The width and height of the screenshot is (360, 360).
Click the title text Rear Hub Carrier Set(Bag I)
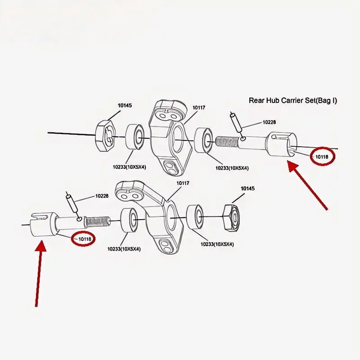pos(293,100)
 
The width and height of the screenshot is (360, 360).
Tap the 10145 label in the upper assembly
pos(125,106)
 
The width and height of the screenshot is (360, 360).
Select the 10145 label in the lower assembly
pos(248,189)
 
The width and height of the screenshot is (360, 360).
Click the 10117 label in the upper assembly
pos(199,108)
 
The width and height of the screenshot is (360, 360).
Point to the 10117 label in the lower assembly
pos(183,183)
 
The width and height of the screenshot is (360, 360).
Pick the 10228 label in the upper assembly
pos(269,122)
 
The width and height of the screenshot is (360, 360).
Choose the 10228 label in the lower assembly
pos(102,196)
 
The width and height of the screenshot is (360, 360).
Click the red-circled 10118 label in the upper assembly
pos(322,157)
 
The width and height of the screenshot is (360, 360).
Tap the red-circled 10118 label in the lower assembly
pos(85,239)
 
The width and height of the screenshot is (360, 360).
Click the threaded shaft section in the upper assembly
pos(227,141)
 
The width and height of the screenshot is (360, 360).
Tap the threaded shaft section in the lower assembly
pos(97,221)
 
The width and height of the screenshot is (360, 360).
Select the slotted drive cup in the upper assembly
pos(281,144)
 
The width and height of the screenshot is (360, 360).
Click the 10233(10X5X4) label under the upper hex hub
pos(129,167)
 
